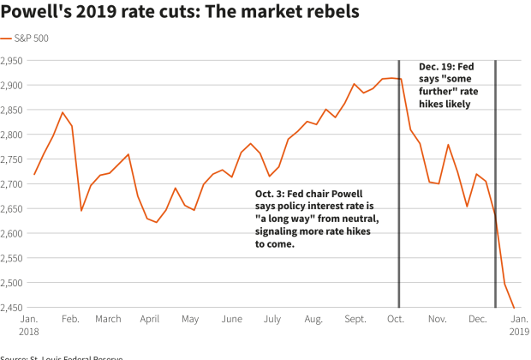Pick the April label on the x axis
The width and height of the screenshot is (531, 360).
(150, 319)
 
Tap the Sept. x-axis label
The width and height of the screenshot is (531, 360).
(355, 319)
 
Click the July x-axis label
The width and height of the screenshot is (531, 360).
(271, 319)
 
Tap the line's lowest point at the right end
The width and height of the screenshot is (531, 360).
(514, 307)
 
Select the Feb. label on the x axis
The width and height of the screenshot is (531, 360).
(70, 319)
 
